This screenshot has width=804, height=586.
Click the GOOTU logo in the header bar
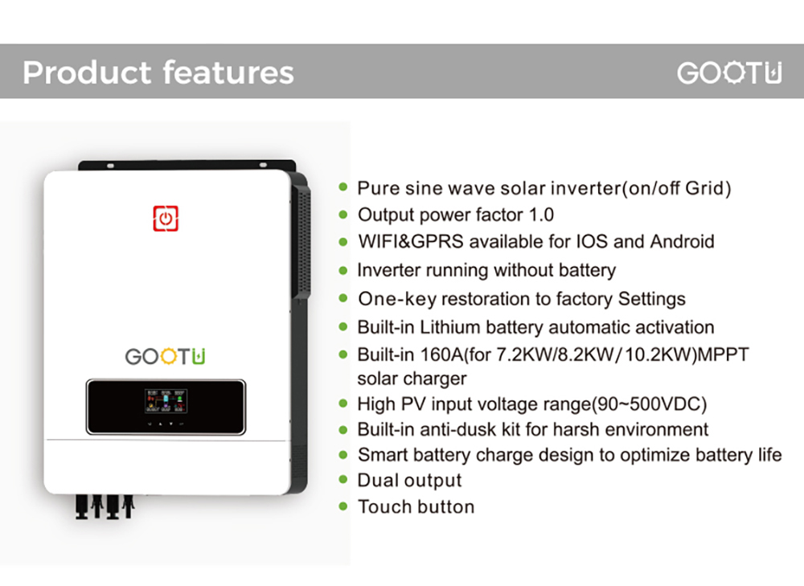pos(728,73)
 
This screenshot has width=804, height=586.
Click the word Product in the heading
pos(86,72)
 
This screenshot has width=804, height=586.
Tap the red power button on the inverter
pos(166,219)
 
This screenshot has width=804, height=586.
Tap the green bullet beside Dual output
pos(343,480)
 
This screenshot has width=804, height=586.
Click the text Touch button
pos(416,506)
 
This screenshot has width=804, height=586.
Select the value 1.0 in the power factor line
pos(539,215)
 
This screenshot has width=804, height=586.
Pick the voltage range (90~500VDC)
pos(643,404)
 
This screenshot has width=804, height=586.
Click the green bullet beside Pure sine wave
pos(343,187)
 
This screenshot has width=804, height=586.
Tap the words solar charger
pos(412,378)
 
